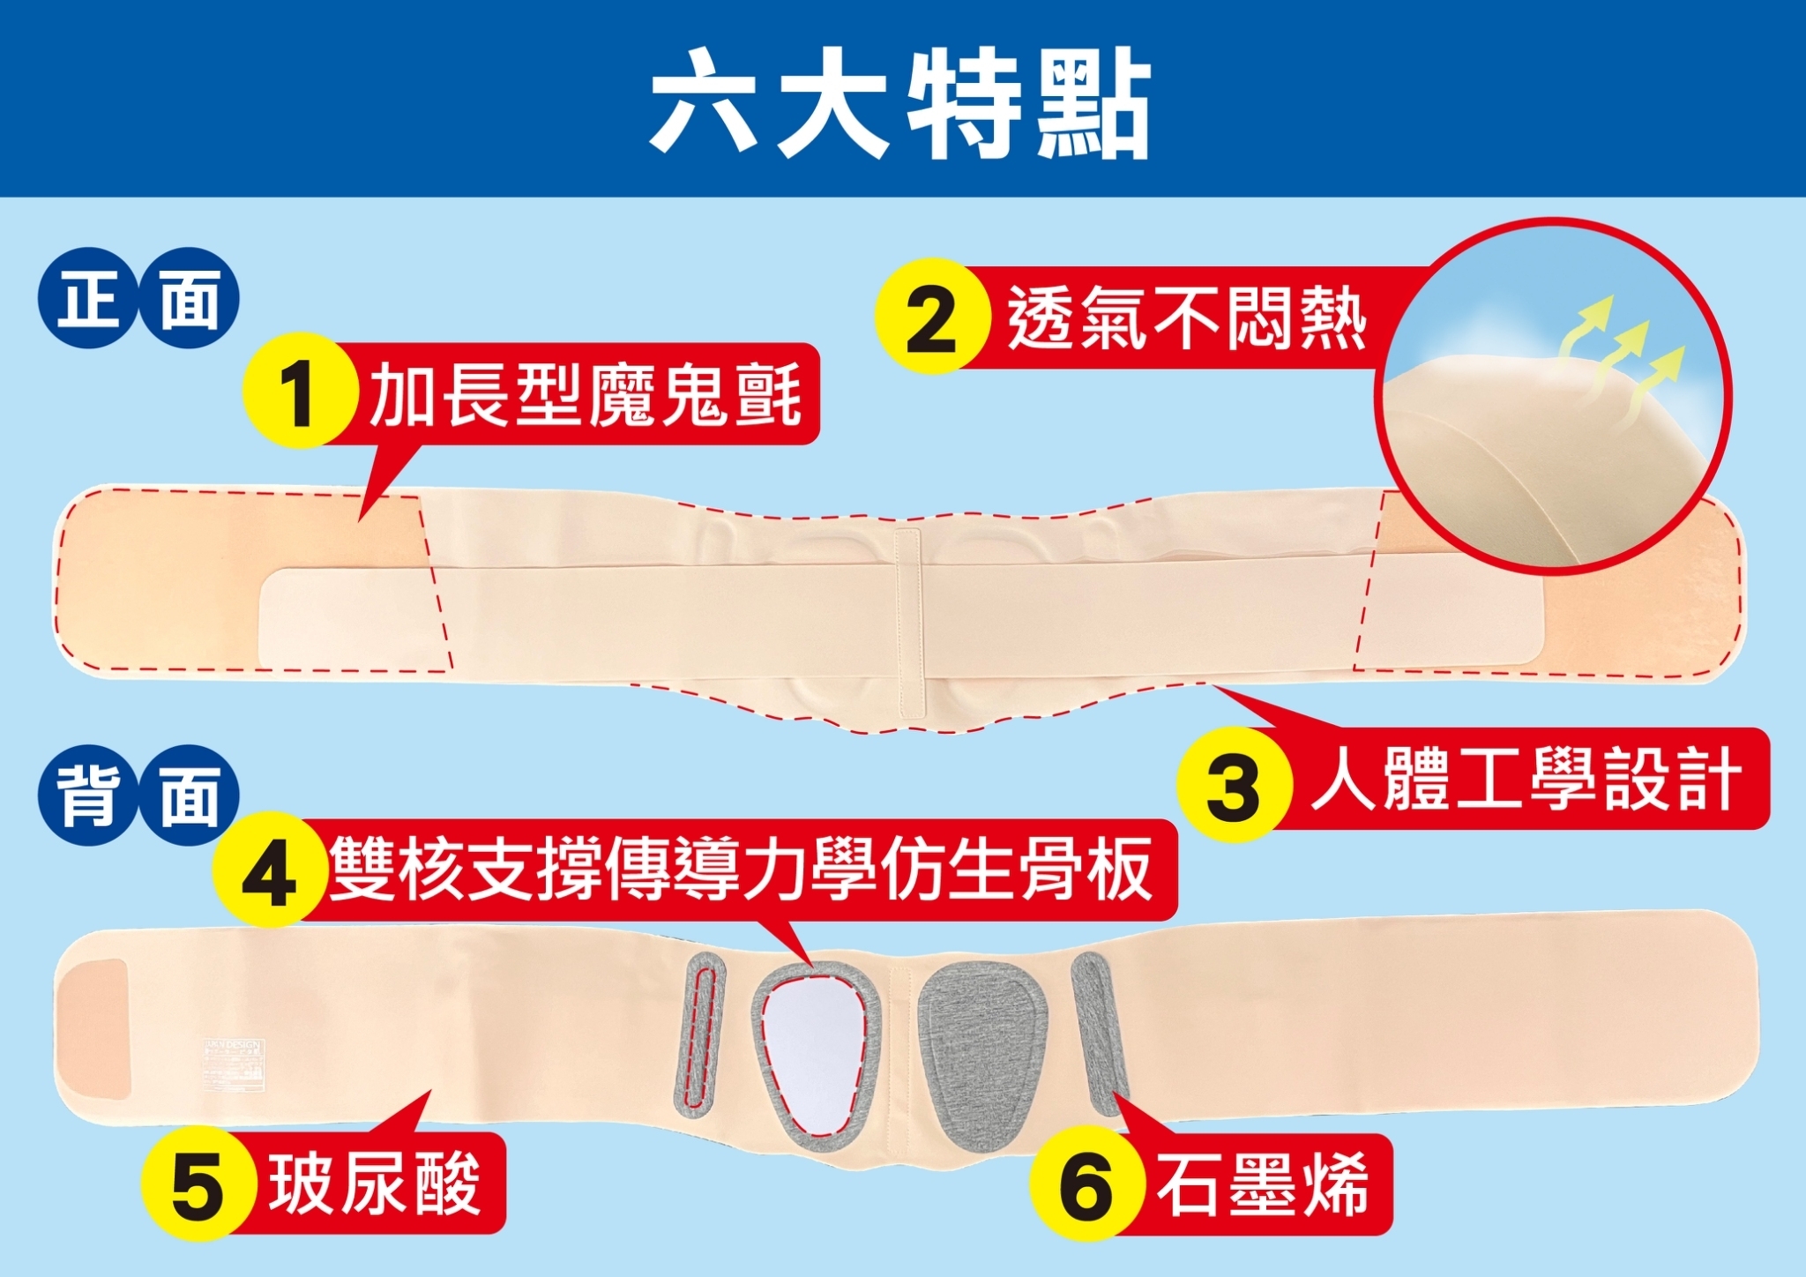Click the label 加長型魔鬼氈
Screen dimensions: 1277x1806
(586, 394)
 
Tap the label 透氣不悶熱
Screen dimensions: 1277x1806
(1187, 317)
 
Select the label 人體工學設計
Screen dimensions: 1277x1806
(1526, 779)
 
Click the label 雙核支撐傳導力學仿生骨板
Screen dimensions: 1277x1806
(741, 869)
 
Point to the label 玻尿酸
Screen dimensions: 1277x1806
(376, 1184)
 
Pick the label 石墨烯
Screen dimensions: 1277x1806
(1263, 1184)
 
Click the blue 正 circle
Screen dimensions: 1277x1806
(88, 298)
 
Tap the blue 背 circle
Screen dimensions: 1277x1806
(88, 795)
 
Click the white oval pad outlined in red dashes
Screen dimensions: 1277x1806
(813, 1054)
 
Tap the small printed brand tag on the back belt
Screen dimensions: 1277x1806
(233, 1066)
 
